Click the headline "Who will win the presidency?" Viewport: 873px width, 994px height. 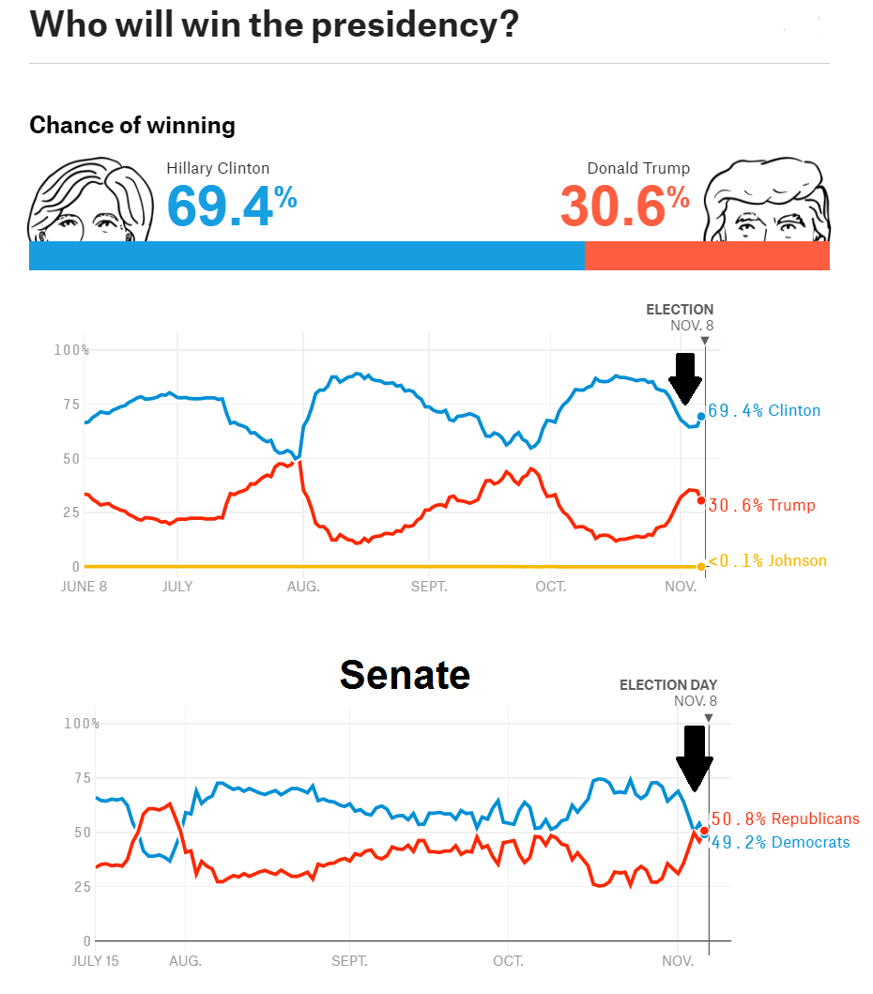[x=273, y=24]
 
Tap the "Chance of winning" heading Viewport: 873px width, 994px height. [x=132, y=125]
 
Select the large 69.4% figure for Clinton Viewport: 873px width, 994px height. [x=231, y=206]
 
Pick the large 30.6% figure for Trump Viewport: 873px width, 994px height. [x=624, y=206]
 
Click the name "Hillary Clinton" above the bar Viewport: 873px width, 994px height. [x=218, y=169]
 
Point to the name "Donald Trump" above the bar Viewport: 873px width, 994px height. [x=638, y=169]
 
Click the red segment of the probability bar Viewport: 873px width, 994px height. [x=707, y=256]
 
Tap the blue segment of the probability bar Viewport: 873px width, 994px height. [x=307, y=256]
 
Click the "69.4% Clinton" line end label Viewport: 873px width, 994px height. [x=764, y=410]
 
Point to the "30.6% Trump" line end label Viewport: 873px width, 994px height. [x=761, y=505]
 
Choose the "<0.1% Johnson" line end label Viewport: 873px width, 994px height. [x=768, y=561]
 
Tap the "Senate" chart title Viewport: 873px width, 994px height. [x=405, y=674]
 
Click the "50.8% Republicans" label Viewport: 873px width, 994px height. [x=785, y=818]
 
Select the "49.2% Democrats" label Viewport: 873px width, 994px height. [x=779, y=842]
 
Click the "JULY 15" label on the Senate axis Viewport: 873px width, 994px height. [x=97, y=961]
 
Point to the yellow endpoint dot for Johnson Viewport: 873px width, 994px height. [x=700, y=566]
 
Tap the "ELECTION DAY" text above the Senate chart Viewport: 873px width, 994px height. [x=667, y=685]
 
